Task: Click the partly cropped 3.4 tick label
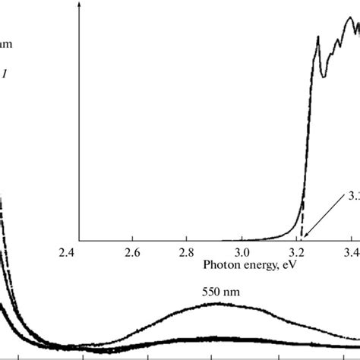pyautogui.click(x=352, y=251)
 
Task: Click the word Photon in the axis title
pyautogui.click(x=222, y=268)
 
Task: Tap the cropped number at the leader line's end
pyautogui.click(x=353, y=196)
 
